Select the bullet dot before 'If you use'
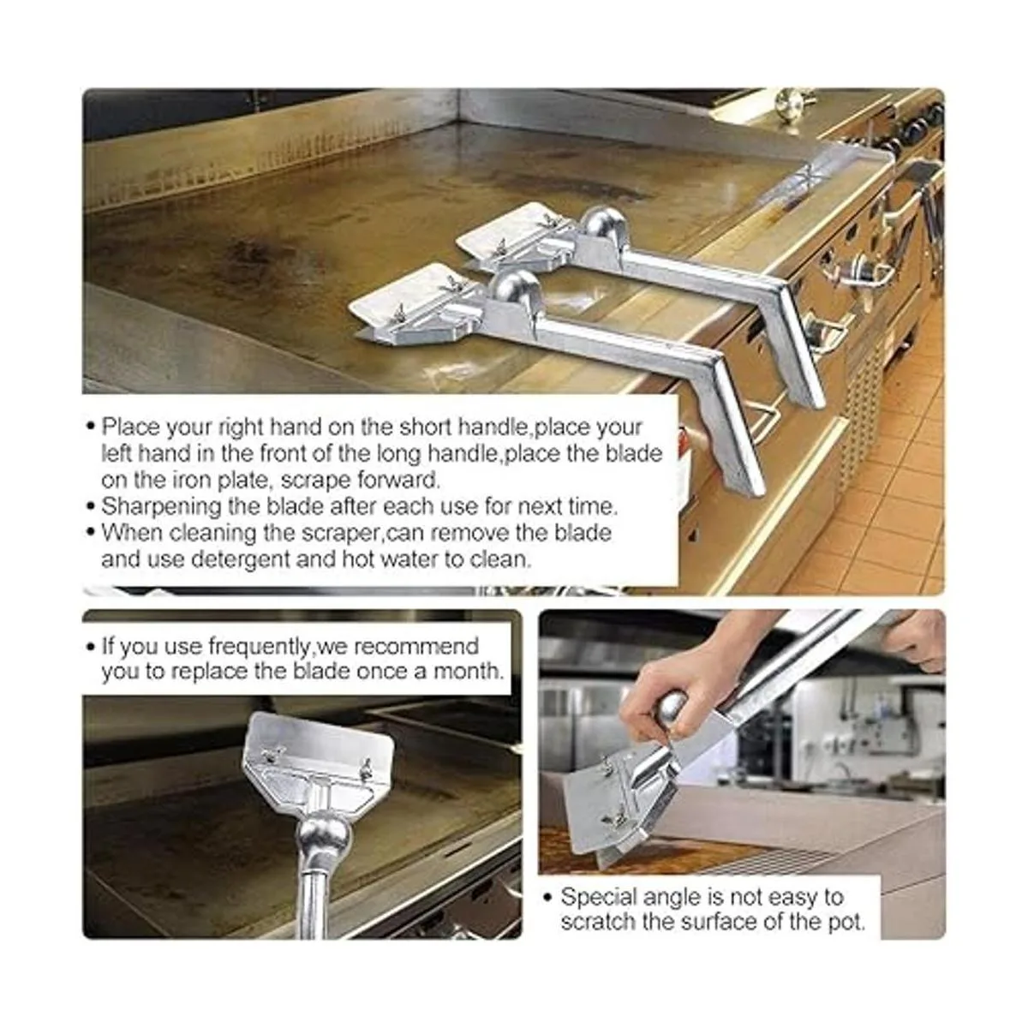tap(90, 648)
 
